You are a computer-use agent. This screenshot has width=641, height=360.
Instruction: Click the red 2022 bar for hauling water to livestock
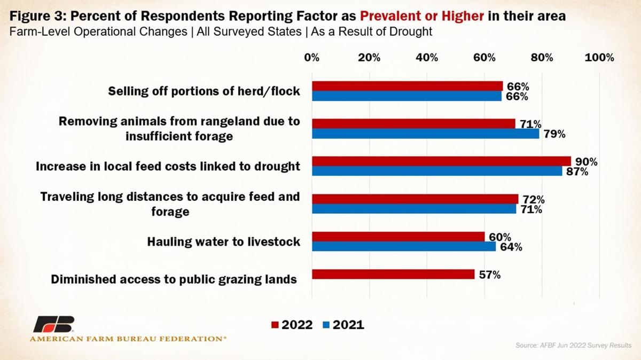pyautogui.click(x=398, y=237)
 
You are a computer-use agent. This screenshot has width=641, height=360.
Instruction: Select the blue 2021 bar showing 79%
pyautogui.click(x=425, y=134)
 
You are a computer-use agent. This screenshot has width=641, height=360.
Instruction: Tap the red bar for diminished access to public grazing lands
pyautogui.click(x=393, y=274)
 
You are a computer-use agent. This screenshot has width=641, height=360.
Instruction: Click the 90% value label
pyautogui.click(x=586, y=162)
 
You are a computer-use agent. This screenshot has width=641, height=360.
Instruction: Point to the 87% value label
pyautogui.click(x=577, y=172)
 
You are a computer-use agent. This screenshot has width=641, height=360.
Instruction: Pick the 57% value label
pyautogui.click(x=489, y=275)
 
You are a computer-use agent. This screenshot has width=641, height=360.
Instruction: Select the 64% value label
pyautogui.click(x=511, y=247)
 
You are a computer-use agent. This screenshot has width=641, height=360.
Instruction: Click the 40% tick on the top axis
pyautogui.click(x=427, y=58)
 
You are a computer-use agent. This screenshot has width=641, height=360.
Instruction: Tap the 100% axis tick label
pyautogui.click(x=599, y=58)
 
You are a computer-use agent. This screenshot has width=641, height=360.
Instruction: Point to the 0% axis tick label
pyautogui.click(x=312, y=58)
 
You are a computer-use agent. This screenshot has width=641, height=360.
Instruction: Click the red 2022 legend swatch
pyautogui.click(x=276, y=325)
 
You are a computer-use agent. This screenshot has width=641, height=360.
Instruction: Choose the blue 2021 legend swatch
pyautogui.click(x=326, y=325)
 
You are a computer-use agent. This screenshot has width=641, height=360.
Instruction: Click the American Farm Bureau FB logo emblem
pyautogui.click(x=53, y=324)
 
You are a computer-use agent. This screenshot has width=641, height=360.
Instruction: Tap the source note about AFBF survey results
pyautogui.click(x=573, y=346)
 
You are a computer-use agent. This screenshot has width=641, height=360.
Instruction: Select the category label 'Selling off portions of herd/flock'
pyautogui.click(x=204, y=91)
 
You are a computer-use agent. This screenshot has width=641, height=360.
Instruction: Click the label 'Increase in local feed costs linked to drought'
pyautogui.click(x=168, y=166)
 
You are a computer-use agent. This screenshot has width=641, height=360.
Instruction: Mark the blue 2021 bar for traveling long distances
pyautogui.click(x=414, y=209)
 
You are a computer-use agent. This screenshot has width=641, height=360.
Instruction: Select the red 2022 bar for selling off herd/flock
pyautogui.click(x=407, y=86)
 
